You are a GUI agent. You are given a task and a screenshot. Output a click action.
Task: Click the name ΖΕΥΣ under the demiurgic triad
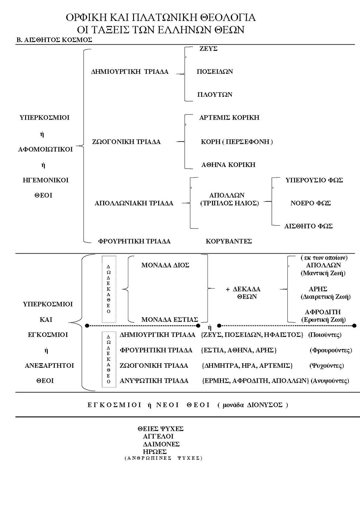(x=208, y=49)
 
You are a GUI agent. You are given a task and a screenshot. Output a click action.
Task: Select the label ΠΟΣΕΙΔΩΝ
(x=215, y=72)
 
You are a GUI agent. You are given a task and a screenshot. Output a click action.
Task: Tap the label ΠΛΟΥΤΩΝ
(x=215, y=94)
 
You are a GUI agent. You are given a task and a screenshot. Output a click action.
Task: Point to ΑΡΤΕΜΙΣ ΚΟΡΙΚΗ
(x=229, y=117)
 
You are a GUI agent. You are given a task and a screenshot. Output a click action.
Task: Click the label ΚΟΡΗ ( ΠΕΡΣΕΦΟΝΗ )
(x=237, y=142)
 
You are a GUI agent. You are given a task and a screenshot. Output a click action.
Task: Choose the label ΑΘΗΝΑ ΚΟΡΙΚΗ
(x=228, y=164)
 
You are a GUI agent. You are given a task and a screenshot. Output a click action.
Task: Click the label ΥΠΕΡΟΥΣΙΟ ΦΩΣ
(x=314, y=180)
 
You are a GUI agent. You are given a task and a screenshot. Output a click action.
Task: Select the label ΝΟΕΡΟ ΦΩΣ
(x=310, y=203)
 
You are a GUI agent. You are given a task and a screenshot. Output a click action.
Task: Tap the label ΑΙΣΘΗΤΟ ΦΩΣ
(x=308, y=226)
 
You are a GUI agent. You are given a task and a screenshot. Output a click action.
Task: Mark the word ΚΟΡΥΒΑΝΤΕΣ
(x=229, y=241)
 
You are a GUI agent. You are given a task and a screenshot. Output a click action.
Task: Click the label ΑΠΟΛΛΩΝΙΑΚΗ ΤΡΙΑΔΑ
(x=134, y=203)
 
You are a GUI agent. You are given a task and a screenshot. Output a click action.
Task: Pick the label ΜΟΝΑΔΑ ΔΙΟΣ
(x=165, y=265)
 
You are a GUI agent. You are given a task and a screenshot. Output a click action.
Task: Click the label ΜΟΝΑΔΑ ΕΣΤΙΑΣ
(x=170, y=319)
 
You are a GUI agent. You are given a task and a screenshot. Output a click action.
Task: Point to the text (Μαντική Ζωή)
(x=323, y=273)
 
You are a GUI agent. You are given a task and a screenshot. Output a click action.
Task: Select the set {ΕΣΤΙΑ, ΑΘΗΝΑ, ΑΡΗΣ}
(x=239, y=350)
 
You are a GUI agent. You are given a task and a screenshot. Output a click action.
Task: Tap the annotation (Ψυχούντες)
(x=327, y=366)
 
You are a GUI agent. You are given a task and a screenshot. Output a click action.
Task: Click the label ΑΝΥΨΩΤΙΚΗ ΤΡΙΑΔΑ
(x=154, y=380)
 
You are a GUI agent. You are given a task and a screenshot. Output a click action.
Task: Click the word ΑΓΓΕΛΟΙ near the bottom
(x=158, y=436)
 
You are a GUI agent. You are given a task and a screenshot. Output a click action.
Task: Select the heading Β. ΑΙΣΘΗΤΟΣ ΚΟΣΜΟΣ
(x=54, y=40)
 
